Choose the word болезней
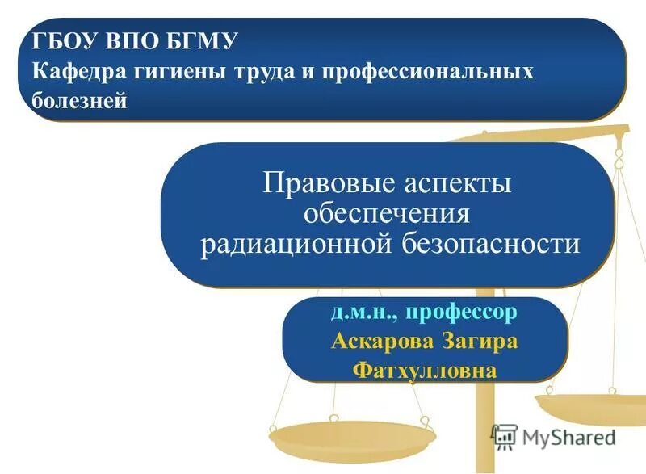pos(80,102)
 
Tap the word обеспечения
pos(386,213)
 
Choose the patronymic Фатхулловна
pos(424,371)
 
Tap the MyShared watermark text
pos(568,438)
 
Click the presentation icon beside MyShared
pos(504,436)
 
